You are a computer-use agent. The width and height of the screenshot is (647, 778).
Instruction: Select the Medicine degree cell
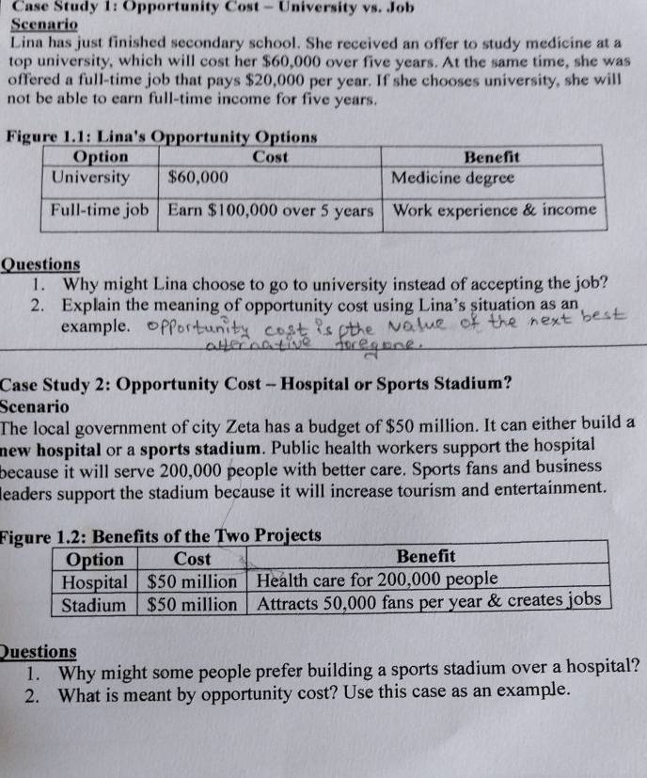453,177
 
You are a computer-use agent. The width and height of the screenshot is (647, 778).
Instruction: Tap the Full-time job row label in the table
100,210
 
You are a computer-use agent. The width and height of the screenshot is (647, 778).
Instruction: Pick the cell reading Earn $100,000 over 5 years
271,210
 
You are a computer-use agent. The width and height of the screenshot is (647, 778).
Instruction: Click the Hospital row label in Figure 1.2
94,580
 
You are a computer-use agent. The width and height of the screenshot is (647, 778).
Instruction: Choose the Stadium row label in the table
93,605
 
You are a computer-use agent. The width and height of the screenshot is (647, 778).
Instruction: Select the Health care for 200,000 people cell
377,579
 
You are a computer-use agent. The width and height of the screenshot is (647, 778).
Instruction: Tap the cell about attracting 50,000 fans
429,601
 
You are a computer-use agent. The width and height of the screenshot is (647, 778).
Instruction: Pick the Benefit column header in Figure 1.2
425,557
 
